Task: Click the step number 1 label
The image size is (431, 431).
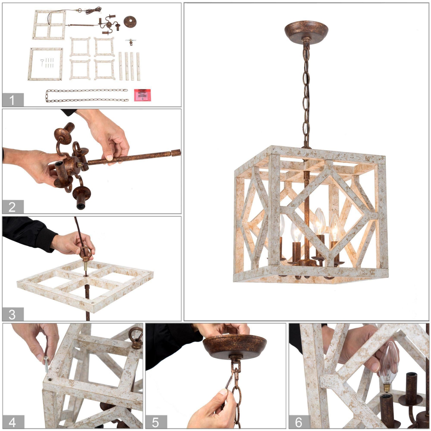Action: pos(12,100)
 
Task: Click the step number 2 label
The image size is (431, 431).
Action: pos(12,207)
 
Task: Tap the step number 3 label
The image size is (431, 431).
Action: pos(12,314)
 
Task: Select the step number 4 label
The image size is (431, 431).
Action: pos(13,422)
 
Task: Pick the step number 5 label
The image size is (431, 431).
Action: pos(156,422)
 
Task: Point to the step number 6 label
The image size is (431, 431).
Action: pos(299,422)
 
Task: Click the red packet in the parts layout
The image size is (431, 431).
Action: pos(142,95)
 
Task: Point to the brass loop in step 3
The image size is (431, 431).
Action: pos(85,253)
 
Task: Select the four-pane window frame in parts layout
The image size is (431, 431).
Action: pos(49,25)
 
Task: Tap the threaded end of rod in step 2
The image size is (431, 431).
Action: pos(176,152)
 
